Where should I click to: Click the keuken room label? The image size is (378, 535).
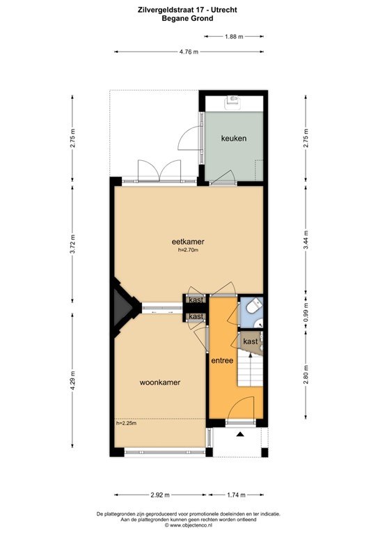[233, 139]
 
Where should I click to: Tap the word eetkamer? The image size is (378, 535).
[188, 242]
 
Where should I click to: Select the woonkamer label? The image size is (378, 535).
[161, 382]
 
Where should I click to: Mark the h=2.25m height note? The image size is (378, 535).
[126, 423]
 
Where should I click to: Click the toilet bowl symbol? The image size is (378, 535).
[253, 305]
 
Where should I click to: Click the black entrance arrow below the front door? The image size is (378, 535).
[241, 434]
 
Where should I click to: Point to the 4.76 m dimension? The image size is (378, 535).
[188, 52]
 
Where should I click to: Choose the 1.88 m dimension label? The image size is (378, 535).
[234, 37]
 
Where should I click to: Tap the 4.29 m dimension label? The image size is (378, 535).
[72, 382]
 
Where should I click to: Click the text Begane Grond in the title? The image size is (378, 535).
[189, 19]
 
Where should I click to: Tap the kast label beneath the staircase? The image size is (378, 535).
[251, 341]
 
